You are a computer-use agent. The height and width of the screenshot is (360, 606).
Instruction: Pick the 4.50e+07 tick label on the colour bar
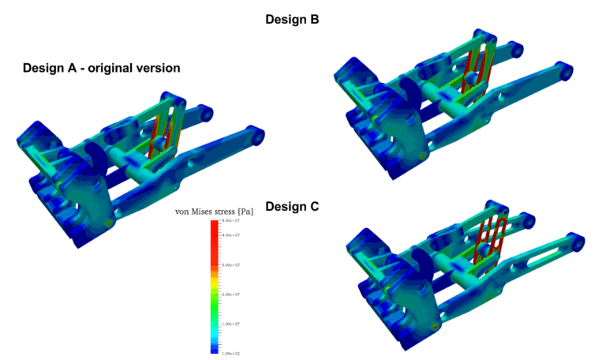(x=230, y=222)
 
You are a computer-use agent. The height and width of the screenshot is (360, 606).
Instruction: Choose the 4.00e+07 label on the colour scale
(x=230, y=235)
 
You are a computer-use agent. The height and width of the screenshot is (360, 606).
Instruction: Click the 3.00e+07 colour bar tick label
(x=230, y=265)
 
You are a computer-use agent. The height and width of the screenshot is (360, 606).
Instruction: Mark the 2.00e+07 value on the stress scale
(x=230, y=294)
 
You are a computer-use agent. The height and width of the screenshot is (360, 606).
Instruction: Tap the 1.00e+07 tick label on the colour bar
(x=230, y=324)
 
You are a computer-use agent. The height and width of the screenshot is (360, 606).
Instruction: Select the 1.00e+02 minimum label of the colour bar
(x=230, y=353)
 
